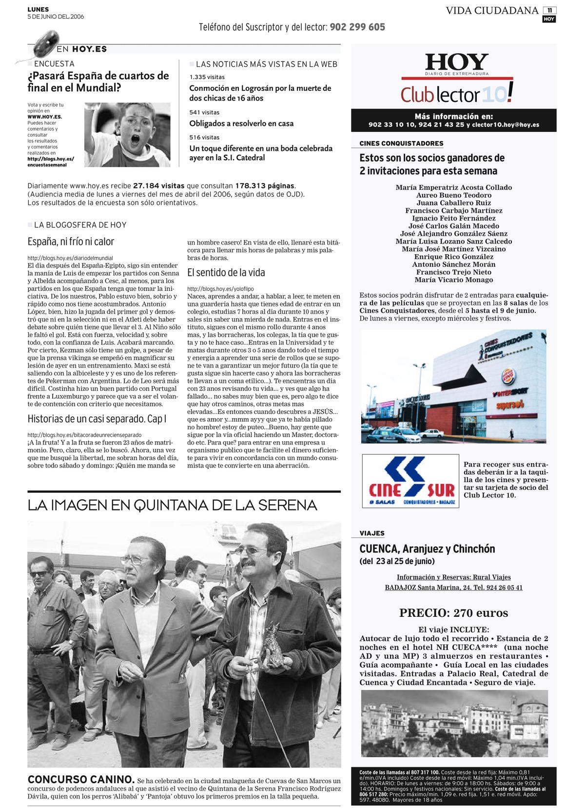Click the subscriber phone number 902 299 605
click(x=357, y=27)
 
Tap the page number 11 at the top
click(x=549, y=10)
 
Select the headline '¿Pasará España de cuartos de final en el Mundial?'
click(x=98, y=82)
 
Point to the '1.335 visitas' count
click(x=207, y=77)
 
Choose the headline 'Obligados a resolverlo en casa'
click(x=241, y=123)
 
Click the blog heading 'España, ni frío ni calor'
click(x=71, y=242)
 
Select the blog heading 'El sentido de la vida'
click(x=226, y=272)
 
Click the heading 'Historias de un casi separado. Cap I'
click(x=97, y=419)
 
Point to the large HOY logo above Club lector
click(x=457, y=62)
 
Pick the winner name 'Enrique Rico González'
click(x=453, y=257)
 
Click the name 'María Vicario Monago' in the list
click(x=453, y=280)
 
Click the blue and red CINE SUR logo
click(x=410, y=481)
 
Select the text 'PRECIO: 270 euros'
click(x=453, y=613)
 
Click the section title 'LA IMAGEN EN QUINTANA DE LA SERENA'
click(x=172, y=505)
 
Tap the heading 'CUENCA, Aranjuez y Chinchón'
click(x=427, y=549)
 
